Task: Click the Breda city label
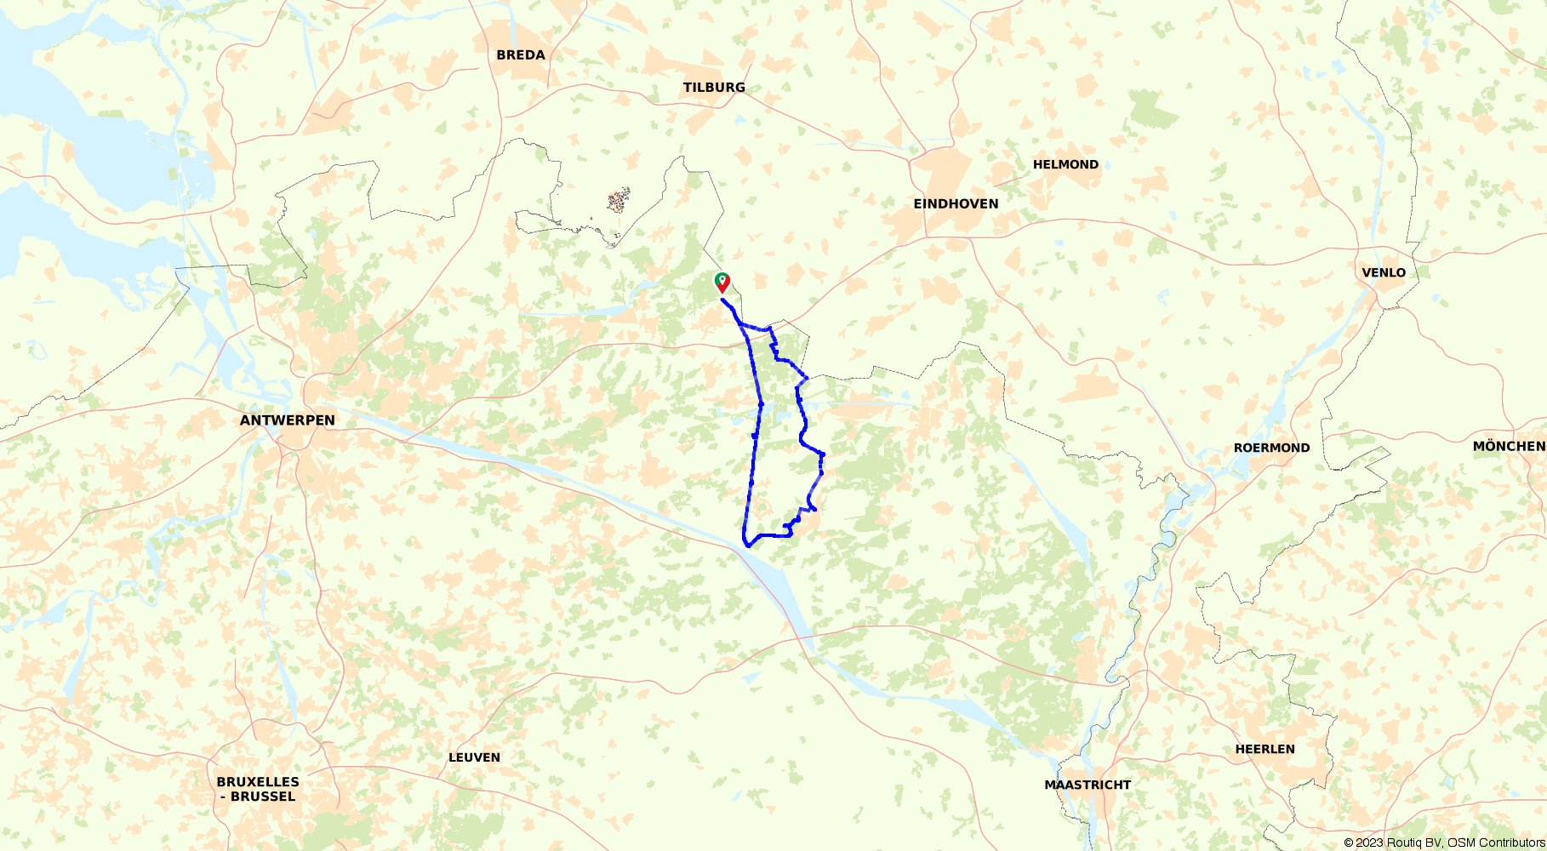[x=521, y=55]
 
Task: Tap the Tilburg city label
[x=714, y=88]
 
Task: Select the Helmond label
[x=1065, y=165]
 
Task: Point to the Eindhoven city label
[x=956, y=204]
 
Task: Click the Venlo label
[x=1384, y=273]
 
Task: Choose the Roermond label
[x=1271, y=448]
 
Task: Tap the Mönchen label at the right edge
[x=1509, y=447]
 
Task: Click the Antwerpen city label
[x=288, y=420]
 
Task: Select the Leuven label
[x=474, y=758]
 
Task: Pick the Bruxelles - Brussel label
[x=258, y=789]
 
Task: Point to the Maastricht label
[x=1087, y=785]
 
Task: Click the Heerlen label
[x=1264, y=750]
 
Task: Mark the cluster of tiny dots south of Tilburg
[x=619, y=201]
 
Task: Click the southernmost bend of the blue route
[x=747, y=544]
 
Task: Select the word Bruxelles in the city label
[x=258, y=782]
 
